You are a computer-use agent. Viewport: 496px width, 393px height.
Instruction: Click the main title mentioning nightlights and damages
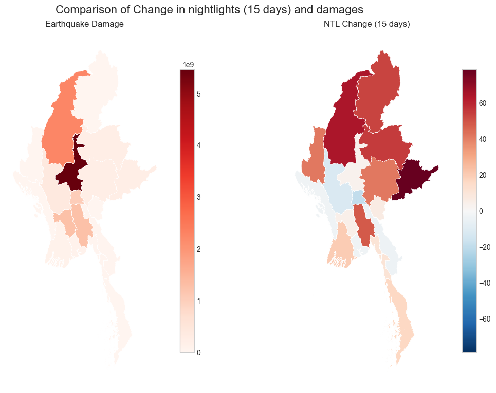pyautogui.click(x=209, y=10)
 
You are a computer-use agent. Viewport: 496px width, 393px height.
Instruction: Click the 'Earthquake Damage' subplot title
pyautogui.click(x=84, y=24)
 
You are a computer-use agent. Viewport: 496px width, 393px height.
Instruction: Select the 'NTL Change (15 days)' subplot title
pyautogui.click(x=366, y=24)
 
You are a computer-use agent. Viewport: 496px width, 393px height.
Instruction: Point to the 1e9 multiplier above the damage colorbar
pyautogui.click(x=189, y=64)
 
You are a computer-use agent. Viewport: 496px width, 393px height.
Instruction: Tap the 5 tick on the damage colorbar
pyautogui.click(x=198, y=94)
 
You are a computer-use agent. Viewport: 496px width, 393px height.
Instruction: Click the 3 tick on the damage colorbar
pyautogui.click(x=198, y=197)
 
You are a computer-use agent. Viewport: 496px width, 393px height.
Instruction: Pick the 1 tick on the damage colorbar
pyautogui.click(x=198, y=301)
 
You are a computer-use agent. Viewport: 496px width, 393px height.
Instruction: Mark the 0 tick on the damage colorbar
pyautogui.click(x=198, y=352)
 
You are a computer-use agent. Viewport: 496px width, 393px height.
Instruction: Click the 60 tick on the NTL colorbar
pyautogui.click(x=483, y=103)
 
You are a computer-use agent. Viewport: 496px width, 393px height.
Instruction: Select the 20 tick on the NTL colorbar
pyautogui.click(x=483, y=175)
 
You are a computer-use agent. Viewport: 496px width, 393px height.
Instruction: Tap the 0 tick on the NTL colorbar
pyautogui.click(x=482, y=211)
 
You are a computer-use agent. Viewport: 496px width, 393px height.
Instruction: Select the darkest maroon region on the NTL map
pyautogui.click(x=414, y=180)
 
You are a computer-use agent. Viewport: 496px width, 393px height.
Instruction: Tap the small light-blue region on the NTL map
pyautogui.click(x=358, y=196)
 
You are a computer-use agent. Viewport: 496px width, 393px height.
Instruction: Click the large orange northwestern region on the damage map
pyautogui.click(x=61, y=131)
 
